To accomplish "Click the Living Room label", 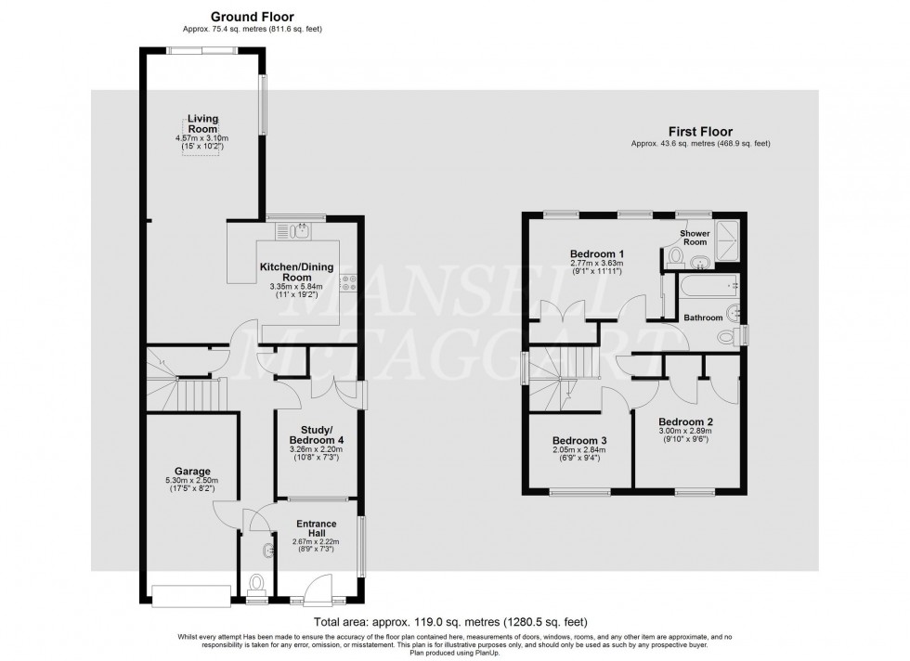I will [x=202, y=123].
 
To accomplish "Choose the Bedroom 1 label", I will [x=596, y=253].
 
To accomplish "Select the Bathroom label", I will [x=703, y=318].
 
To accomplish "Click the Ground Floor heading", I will [x=240, y=17].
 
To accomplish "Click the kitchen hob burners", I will [x=351, y=284].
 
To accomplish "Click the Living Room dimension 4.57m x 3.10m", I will [x=201, y=139].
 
